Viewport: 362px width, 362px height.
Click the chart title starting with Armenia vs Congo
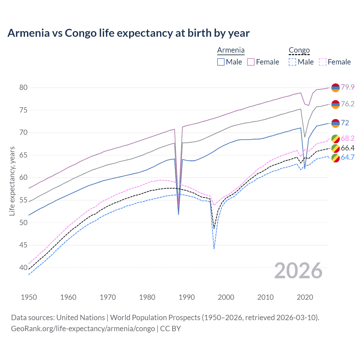(128, 33)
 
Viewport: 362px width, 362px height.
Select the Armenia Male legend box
(221, 62)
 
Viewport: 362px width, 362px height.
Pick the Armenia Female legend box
(251, 62)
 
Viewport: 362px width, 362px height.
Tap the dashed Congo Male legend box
(292, 62)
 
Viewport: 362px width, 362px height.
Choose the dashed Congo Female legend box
(323, 62)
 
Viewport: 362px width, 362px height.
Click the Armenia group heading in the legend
(231, 50)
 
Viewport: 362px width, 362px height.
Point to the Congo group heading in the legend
(299, 50)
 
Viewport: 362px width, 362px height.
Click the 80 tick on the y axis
(23, 87)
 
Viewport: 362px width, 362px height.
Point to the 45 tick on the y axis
(23, 245)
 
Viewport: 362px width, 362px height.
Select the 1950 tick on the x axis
(29, 297)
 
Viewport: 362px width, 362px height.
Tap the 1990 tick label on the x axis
(187, 297)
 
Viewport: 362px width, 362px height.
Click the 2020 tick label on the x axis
(305, 297)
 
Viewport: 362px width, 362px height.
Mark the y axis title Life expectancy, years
(12, 181)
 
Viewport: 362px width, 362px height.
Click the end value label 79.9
(348, 87)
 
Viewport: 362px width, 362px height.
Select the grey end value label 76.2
(348, 104)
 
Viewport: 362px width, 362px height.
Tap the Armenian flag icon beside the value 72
(335, 123)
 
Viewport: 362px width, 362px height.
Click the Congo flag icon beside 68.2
(335, 139)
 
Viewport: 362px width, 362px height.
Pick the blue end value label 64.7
(348, 157)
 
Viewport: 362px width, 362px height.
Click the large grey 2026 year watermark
(298, 271)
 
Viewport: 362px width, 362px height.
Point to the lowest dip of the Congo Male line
(214, 249)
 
